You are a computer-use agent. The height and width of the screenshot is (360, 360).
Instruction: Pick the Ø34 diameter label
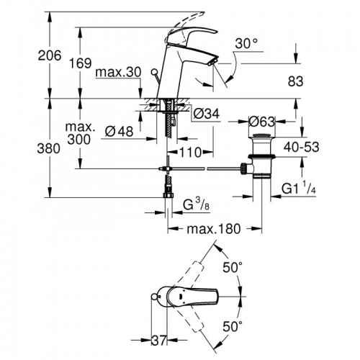tap(206, 113)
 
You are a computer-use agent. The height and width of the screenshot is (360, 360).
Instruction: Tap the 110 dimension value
tap(189, 153)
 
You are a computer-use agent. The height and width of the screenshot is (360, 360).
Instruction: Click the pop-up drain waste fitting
tap(261, 155)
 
